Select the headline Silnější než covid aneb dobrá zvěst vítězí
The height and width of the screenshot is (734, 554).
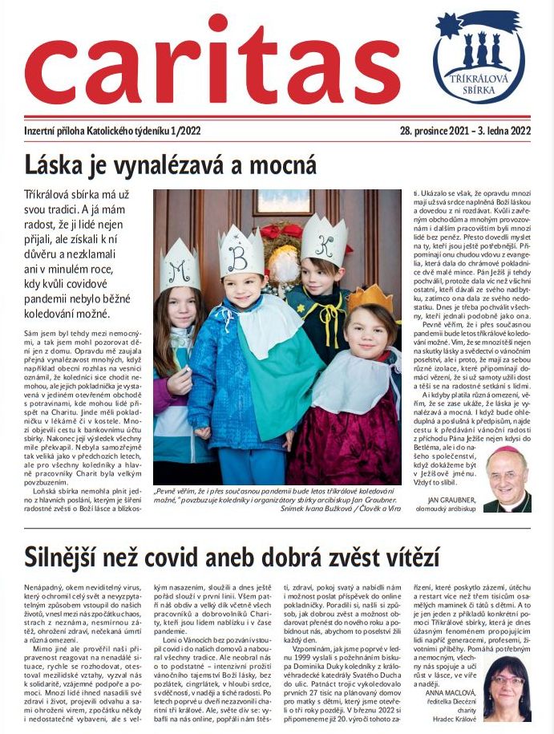233,556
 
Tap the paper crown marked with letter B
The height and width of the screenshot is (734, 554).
241,252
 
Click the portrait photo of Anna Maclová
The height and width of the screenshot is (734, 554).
506,688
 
